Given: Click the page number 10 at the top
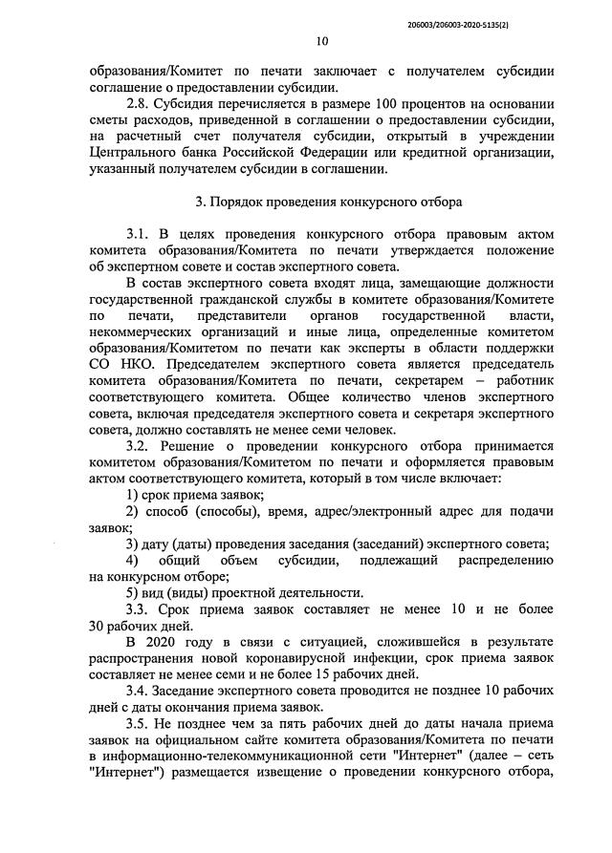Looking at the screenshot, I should click(x=320, y=41).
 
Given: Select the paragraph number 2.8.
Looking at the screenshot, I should click(x=141, y=105).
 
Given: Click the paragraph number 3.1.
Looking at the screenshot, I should click(x=140, y=235).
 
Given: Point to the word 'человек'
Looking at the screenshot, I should click(x=398, y=431).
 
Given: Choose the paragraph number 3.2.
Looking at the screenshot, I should click(x=140, y=447).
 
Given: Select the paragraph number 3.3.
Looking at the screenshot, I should click(x=140, y=609).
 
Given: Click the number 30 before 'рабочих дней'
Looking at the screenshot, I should click(x=97, y=627).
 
